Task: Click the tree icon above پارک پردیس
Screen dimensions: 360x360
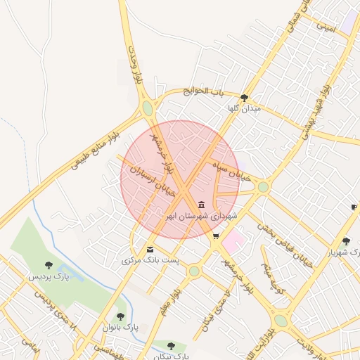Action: [49, 265]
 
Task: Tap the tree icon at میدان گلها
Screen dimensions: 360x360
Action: [244, 98]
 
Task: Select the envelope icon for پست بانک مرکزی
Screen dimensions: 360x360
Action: [150, 250]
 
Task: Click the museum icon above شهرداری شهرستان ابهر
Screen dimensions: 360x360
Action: [202, 205]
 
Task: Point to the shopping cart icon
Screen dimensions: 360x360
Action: [216, 236]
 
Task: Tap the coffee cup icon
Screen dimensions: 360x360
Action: [354, 207]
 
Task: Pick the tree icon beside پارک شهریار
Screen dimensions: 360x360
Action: [346, 241]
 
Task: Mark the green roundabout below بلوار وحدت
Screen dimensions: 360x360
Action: [148, 108]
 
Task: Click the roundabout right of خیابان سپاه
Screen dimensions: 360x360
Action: [263, 186]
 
